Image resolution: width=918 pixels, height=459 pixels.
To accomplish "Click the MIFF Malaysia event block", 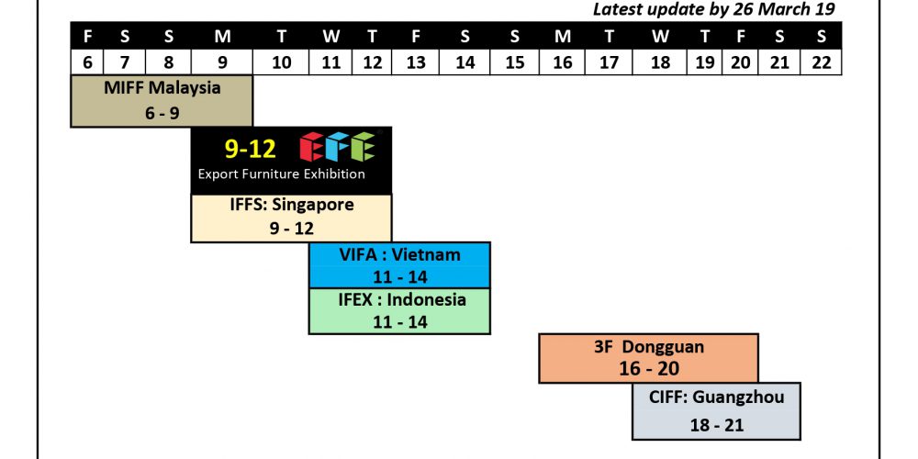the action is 162,101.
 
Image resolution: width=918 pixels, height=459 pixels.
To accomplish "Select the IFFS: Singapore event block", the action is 291,218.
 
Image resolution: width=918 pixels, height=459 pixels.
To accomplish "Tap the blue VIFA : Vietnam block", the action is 399,264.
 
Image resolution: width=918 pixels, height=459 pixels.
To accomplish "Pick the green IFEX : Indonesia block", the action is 399,311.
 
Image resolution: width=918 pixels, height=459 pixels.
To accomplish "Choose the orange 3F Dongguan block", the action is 648,358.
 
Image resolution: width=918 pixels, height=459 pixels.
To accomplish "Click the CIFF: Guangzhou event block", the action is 716,411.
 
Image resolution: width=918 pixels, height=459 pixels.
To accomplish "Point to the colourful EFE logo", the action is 337,147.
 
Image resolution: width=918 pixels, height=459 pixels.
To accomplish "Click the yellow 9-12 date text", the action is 250,150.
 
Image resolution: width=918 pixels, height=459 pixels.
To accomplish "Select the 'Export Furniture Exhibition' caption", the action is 281,174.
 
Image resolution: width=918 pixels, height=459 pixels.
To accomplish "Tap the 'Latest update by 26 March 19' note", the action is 713,9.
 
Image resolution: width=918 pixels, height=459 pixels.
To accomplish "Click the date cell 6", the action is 87,62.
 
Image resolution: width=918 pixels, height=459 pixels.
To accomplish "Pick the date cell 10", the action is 281,62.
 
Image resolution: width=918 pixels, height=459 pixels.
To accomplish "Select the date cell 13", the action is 416,62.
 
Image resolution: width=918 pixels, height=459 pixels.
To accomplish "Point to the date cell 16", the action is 562,62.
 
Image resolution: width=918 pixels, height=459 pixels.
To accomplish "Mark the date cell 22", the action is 821,62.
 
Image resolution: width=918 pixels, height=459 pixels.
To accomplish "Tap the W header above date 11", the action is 330,37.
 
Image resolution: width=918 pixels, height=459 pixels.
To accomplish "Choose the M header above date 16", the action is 563,37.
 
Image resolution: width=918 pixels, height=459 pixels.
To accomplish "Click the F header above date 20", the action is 741,37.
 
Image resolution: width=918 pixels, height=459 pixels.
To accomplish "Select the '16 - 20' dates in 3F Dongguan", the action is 649,369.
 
